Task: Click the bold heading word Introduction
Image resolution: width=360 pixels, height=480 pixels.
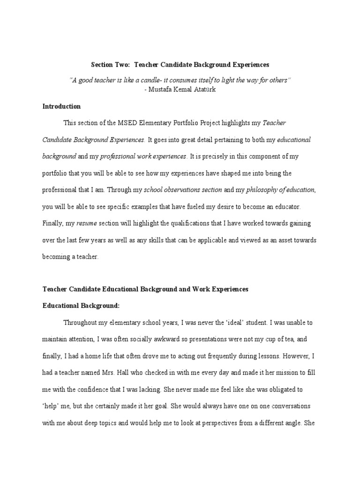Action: pyautogui.click(x=61, y=106)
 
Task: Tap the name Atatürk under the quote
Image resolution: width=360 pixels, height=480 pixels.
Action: pyautogui.click(x=203, y=90)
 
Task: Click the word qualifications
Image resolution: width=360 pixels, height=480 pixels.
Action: pyautogui.click(x=176, y=223)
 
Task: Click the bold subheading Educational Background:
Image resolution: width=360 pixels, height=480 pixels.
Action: pyautogui.click(x=82, y=306)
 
